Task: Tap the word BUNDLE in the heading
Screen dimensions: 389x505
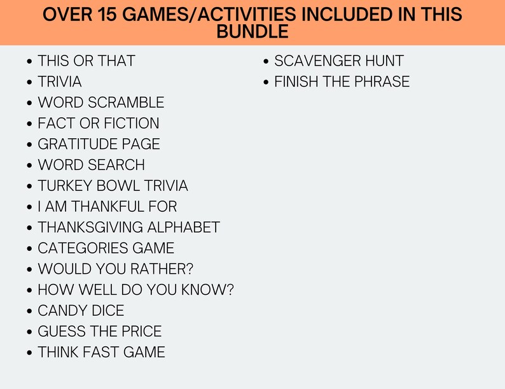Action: (x=253, y=31)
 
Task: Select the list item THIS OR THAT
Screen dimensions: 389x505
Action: (x=86, y=61)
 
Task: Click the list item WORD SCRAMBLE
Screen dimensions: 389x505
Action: (x=101, y=103)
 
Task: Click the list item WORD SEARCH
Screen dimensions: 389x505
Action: (x=92, y=165)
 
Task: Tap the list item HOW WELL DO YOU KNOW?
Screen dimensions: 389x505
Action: (x=136, y=290)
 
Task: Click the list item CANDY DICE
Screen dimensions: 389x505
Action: (x=81, y=311)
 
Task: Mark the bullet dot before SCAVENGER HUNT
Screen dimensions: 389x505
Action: (x=267, y=62)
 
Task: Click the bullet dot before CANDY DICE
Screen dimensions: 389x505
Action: (x=30, y=312)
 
